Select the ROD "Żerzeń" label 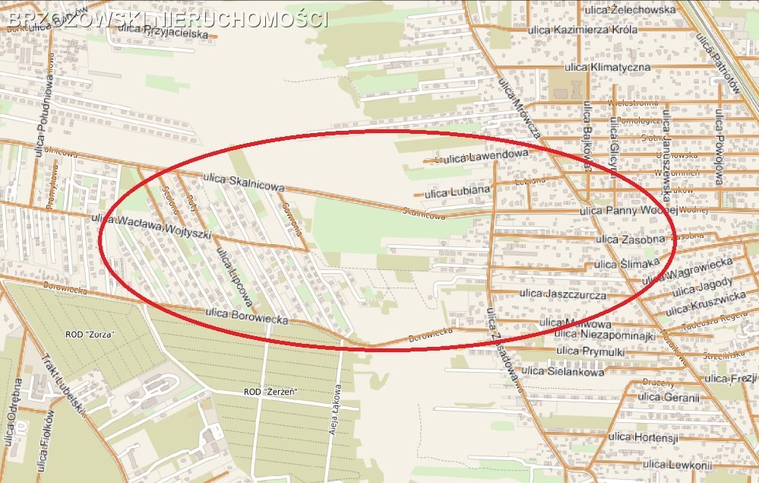pos(270,392)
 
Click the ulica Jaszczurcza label pos(563,293)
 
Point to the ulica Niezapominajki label pos(607,335)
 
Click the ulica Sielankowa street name pos(564,371)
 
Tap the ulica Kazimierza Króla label pos(595,30)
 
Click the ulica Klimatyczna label pos(608,67)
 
